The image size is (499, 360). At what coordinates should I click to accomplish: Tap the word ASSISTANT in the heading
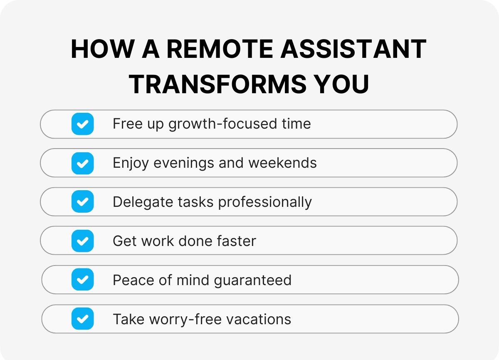(353, 49)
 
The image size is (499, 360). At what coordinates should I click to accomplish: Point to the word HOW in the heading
(96, 49)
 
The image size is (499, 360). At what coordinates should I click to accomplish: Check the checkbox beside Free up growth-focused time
(83, 124)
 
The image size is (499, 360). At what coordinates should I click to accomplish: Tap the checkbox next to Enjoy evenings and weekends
(83, 163)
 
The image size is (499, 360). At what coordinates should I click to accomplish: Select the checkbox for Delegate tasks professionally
(83, 202)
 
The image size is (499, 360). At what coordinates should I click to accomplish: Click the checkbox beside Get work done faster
(83, 241)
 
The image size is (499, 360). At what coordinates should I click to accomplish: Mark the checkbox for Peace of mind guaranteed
(83, 280)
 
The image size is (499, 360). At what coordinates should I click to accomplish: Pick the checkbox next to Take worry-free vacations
(83, 319)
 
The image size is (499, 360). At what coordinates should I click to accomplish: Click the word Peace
(130, 280)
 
